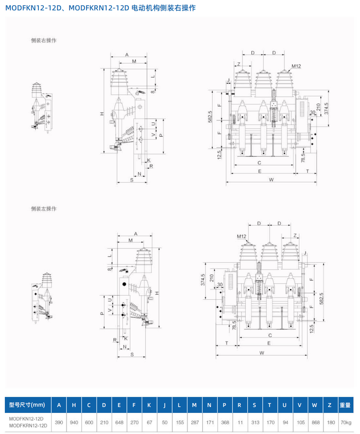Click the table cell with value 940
coord(74,422)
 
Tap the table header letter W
coord(314,405)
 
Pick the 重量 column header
coord(345,405)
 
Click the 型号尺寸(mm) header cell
coord(27,405)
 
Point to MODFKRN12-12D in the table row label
coord(28,426)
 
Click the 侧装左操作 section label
coord(44,209)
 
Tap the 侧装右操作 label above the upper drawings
coord(44,40)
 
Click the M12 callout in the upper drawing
coord(296,66)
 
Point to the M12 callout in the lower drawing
coord(241,236)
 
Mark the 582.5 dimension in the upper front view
coord(210,117)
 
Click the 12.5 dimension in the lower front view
coord(312,328)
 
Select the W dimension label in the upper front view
coord(271,180)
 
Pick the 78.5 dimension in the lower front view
coord(234,325)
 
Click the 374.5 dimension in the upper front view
coord(326,109)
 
